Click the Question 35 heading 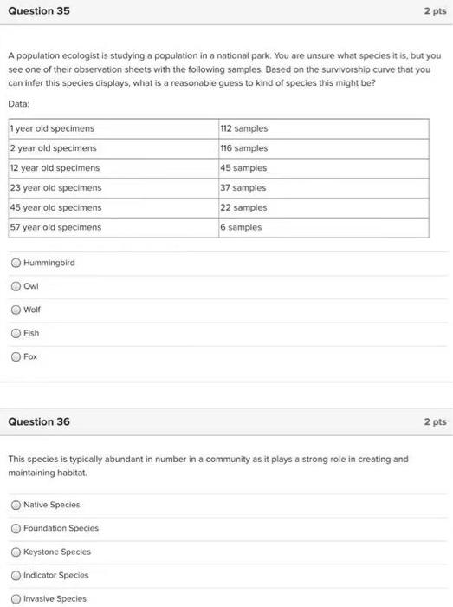[39, 11]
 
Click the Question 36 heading [39, 421]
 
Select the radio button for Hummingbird [16, 263]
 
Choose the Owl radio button [16, 286]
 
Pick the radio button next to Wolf [16, 310]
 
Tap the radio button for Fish [16, 333]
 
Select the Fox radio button [16, 356]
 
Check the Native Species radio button [16, 505]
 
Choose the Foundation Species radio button [16, 528]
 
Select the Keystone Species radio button [16, 552]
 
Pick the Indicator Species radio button [16, 575]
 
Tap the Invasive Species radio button [16, 598]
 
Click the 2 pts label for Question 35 [434, 11]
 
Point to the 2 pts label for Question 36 [434, 421]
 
